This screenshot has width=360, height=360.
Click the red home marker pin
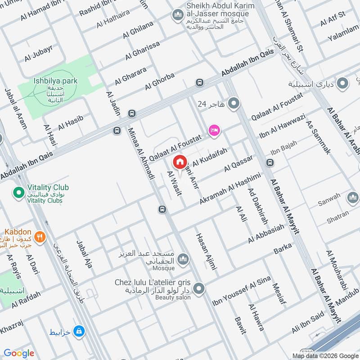click(180, 162)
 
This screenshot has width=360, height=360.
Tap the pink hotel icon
click(214, 130)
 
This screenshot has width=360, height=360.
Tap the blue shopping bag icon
click(79, 331)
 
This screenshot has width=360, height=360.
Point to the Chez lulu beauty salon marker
click(198, 288)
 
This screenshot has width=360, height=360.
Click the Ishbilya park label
click(55, 81)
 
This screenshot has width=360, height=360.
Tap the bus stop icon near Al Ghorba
click(199, 82)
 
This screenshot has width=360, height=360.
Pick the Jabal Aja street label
click(84, 254)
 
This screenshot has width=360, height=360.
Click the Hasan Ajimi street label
click(206, 252)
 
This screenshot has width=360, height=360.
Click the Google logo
click(19, 353)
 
